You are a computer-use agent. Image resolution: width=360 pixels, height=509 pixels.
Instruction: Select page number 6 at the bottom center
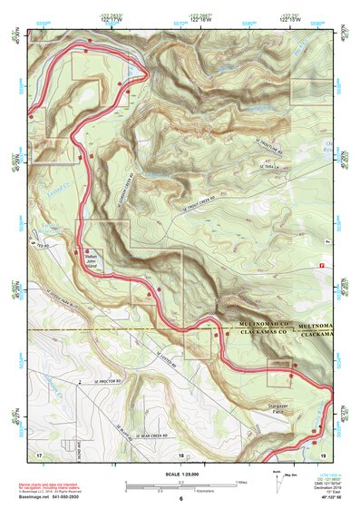point(180,500)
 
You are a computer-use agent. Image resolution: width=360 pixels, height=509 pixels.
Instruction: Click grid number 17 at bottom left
point(39,452)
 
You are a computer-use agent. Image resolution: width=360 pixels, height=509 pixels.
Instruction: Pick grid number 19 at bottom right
point(323,452)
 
